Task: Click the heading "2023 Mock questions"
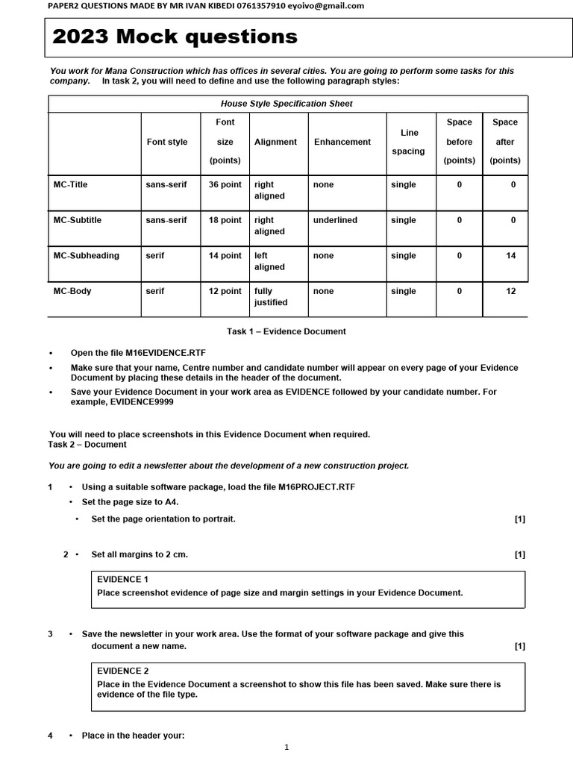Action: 175,37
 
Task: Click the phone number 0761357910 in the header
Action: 258,6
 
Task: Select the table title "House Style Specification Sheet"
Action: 287,104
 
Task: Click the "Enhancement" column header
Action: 342,142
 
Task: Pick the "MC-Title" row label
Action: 72,184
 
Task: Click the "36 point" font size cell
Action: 225,184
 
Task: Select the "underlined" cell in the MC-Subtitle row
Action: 336,220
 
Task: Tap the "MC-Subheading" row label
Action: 86,255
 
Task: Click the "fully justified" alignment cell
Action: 270,297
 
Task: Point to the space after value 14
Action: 510,255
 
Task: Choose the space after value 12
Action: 510,291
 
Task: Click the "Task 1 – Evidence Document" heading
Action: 286,331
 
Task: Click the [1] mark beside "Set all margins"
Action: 519,554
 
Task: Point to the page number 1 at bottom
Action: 286,747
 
